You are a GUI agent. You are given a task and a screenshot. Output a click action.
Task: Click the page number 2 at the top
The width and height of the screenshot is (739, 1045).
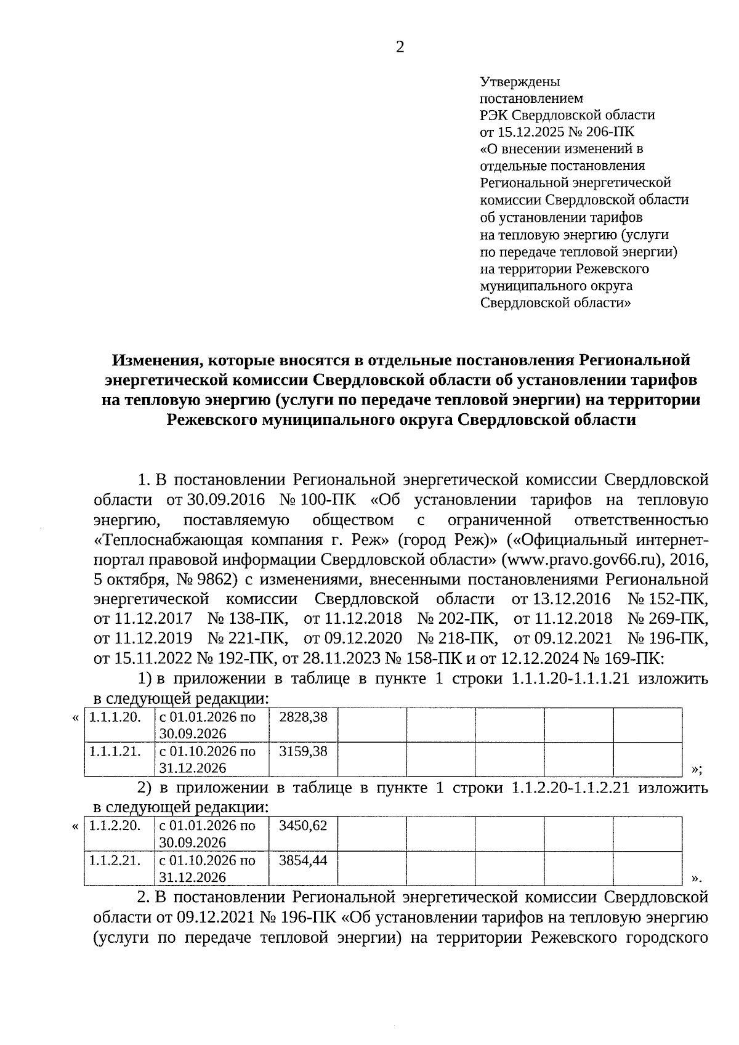click(400, 47)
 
